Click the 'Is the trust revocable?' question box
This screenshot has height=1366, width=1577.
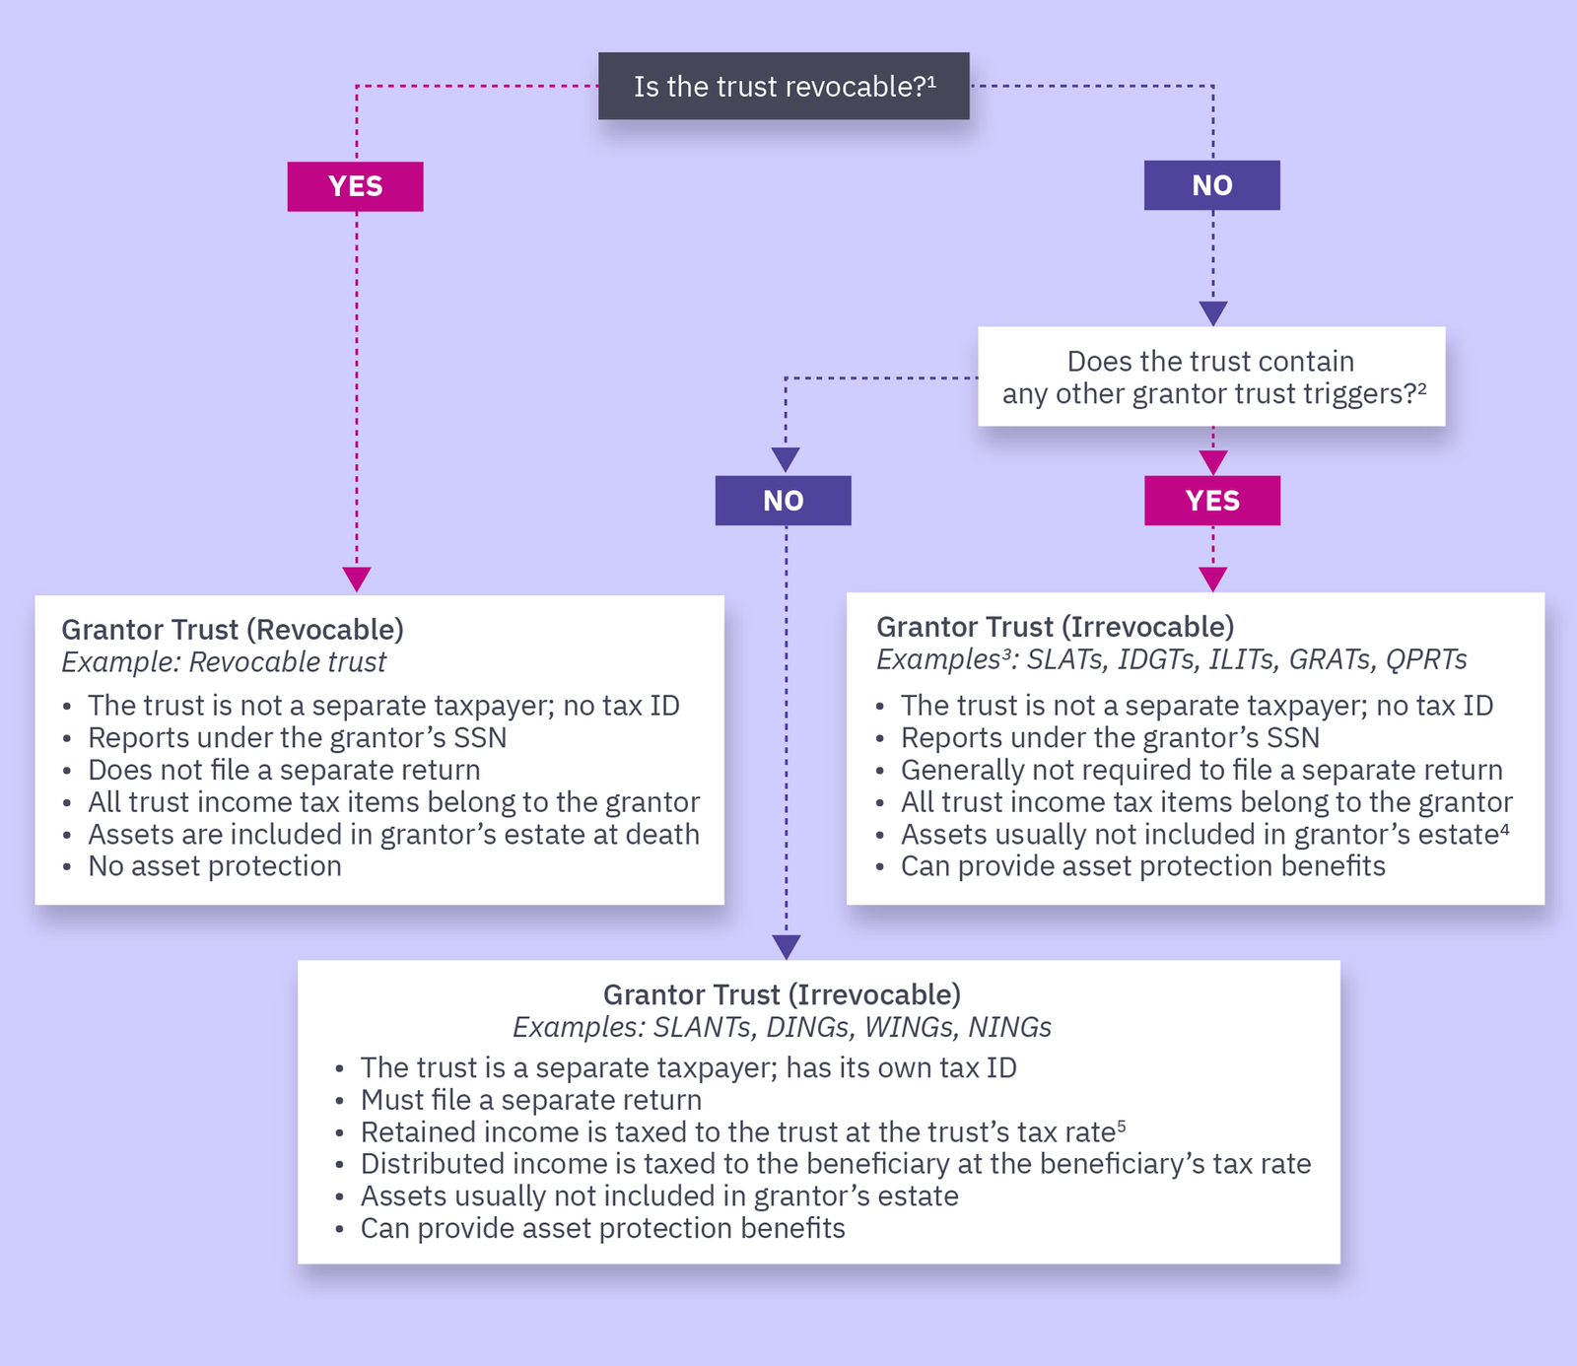(x=784, y=87)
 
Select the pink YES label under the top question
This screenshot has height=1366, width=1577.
(x=355, y=186)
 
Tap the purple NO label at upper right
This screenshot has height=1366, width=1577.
(x=1211, y=185)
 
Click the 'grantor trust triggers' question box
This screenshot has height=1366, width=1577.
(x=1211, y=376)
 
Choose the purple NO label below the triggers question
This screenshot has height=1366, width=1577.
(x=783, y=501)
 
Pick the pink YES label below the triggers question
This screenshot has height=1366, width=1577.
(x=1211, y=501)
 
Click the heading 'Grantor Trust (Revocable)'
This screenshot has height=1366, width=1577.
(x=233, y=630)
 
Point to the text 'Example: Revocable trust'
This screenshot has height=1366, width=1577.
(x=224, y=662)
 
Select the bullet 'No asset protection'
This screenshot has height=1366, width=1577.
(x=214, y=866)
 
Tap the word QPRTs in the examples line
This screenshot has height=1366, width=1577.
(x=1426, y=659)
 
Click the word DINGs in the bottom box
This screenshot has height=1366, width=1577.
(x=807, y=1027)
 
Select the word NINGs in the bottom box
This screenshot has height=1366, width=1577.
(x=1009, y=1027)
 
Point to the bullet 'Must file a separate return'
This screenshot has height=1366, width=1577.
(x=530, y=1100)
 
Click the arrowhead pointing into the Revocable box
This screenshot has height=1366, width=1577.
(x=356, y=580)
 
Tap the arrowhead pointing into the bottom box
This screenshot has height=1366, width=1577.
(x=786, y=947)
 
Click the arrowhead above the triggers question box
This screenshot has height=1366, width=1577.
(x=1212, y=313)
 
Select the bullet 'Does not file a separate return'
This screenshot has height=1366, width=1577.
(x=284, y=770)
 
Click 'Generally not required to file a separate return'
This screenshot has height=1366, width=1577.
(x=1201, y=770)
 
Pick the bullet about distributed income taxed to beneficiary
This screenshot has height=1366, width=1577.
(x=835, y=1164)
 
